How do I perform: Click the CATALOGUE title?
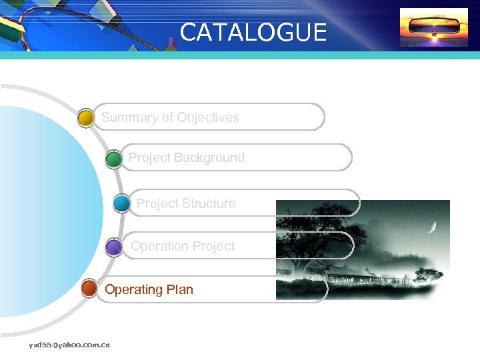click(253, 33)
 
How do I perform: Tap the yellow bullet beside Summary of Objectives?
click(85, 119)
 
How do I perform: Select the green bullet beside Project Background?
click(114, 159)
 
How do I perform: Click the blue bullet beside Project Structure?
click(121, 203)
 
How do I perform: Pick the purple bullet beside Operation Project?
click(114, 248)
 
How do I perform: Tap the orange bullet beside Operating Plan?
click(89, 289)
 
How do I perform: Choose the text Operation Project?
click(182, 247)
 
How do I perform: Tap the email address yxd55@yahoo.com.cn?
click(69, 345)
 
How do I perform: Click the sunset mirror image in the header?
click(433, 27)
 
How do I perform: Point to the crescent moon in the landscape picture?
click(433, 227)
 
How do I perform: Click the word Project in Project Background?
click(149, 158)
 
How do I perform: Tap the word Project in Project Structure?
click(157, 204)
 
